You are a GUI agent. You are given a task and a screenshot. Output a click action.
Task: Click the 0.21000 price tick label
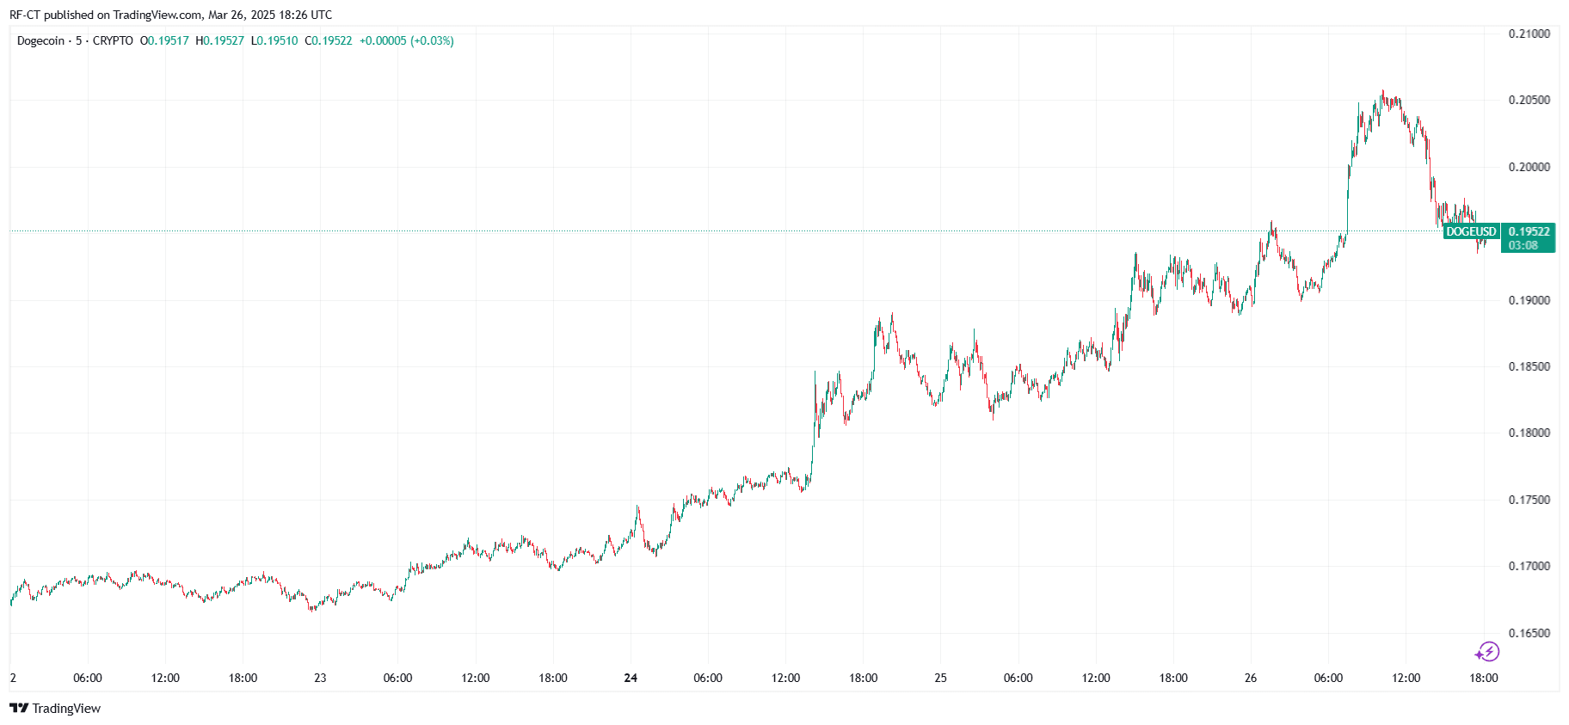point(1529,34)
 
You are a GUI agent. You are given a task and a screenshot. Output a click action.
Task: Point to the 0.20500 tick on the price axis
point(1529,100)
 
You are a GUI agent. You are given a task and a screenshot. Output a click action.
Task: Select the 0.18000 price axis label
point(1529,433)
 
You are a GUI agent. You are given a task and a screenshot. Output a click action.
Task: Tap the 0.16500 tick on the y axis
point(1529,633)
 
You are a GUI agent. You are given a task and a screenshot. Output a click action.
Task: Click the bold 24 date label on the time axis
point(631,678)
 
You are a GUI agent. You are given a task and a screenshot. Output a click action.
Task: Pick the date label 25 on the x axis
point(940,678)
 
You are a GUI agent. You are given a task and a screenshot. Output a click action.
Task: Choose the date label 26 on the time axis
point(1250,678)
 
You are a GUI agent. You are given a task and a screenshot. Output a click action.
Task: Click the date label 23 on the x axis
point(320,678)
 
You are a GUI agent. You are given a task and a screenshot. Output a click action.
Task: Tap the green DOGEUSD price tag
point(1471,231)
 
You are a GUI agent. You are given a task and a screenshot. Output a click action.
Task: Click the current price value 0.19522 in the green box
point(1529,231)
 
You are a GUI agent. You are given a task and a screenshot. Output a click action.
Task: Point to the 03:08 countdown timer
point(1523,245)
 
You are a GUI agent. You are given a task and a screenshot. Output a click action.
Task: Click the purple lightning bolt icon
point(1487,652)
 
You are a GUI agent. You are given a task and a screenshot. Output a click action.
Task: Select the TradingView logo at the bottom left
point(55,708)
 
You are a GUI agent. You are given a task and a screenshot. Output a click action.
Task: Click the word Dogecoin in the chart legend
point(40,40)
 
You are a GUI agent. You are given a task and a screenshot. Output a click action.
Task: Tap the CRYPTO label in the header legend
point(113,40)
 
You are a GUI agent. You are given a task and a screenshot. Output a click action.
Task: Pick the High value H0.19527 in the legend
point(220,40)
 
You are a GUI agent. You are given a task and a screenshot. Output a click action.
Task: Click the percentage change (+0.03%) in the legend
point(432,40)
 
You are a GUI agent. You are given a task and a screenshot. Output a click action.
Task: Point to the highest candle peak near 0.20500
point(1382,93)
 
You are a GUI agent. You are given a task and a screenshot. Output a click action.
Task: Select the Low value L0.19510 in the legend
point(274,40)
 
